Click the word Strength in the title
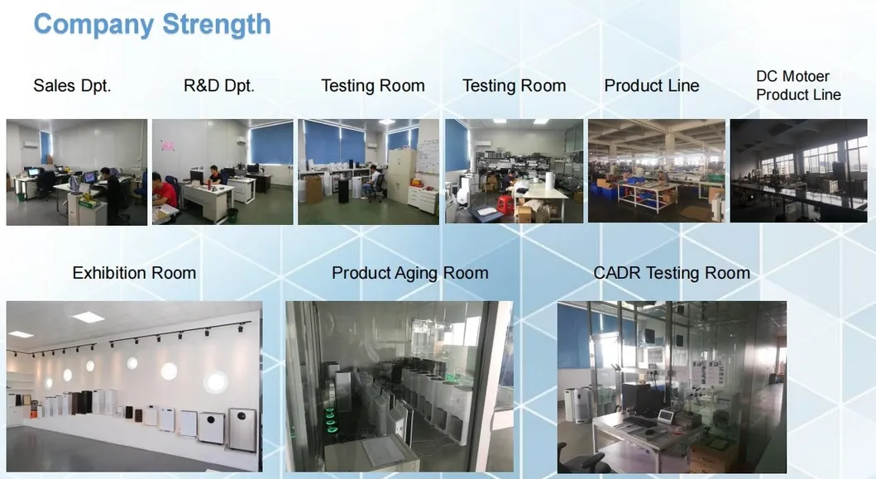click(x=216, y=25)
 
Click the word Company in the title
click(x=93, y=26)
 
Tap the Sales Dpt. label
click(x=72, y=85)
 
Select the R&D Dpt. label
click(x=219, y=85)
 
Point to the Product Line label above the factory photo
click(x=651, y=85)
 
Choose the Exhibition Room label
click(x=134, y=273)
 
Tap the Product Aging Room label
click(x=410, y=273)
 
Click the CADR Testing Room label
click(x=672, y=273)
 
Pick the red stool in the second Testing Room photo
click(x=505, y=204)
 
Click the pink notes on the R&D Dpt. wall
click(x=167, y=146)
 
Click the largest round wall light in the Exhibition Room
click(x=216, y=383)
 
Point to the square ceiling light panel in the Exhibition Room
click(x=88, y=318)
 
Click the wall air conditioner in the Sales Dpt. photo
click(x=31, y=144)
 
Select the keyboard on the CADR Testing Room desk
click(x=641, y=422)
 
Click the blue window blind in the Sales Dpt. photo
click(x=45, y=146)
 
